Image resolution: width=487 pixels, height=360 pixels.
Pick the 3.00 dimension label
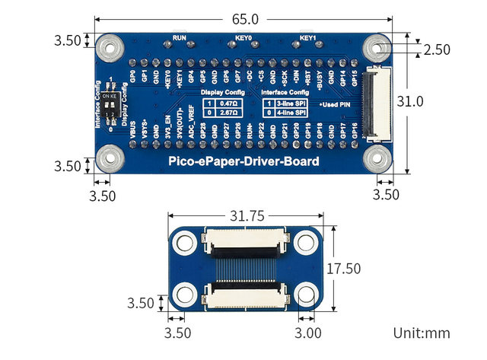[308, 333]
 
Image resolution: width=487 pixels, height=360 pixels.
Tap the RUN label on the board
[180, 37]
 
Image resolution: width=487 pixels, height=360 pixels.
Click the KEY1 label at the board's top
[307, 37]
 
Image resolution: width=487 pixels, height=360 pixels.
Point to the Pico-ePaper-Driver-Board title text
[243, 162]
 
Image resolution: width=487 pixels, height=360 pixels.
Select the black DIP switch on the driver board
[111, 104]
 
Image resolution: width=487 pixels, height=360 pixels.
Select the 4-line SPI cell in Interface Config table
[291, 112]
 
